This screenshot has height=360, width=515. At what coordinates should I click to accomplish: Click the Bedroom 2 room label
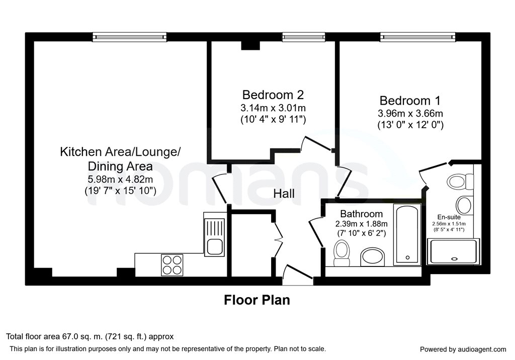pos(273,95)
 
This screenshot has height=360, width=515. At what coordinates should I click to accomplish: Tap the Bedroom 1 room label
pos(410,101)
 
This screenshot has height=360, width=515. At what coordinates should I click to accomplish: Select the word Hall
pos(284,194)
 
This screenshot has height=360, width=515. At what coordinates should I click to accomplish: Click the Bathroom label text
pos(361,214)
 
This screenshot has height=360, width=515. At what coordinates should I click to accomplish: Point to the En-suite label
pos(449,217)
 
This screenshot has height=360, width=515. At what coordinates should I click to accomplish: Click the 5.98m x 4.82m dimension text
pos(120,179)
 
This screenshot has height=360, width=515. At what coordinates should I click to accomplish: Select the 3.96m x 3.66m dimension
pos(410,114)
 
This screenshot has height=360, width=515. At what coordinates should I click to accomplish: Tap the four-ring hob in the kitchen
pos(172,265)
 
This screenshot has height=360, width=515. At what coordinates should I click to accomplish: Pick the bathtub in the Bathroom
pos(407,234)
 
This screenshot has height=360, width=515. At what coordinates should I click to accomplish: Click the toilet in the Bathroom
pos(341,253)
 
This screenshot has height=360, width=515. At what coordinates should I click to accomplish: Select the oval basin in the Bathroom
pos(373,257)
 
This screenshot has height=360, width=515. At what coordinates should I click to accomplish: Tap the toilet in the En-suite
pos(460,182)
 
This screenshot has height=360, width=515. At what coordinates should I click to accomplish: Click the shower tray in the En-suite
pos(451,252)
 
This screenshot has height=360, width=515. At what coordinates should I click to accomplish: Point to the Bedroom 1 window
pos(418,37)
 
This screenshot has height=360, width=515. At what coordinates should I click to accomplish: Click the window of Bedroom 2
pos(303,37)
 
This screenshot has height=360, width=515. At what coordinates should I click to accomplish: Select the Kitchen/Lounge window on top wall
pos(130,37)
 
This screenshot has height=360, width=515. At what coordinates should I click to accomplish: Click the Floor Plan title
pos(257,300)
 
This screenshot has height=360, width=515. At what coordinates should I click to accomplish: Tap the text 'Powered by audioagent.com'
pos(463,349)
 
